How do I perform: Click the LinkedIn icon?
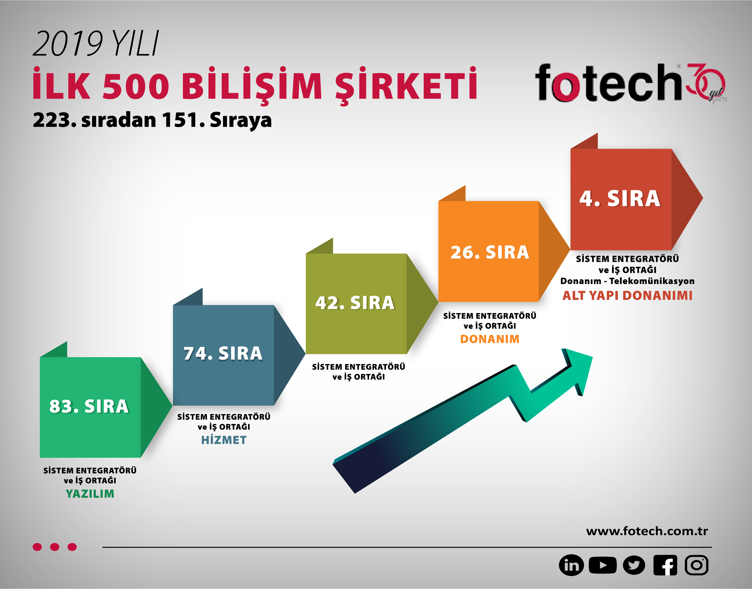click(x=571, y=565)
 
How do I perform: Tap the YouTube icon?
click(x=602, y=565)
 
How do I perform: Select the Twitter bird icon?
click(x=634, y=565)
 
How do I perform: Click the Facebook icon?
click(x=665, y=565)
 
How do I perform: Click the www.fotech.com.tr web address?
click(x=647, y=531)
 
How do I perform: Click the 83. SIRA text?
click(x=89, y=406)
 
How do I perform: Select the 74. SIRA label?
click(x=223, y=354)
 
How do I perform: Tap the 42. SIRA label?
click(x=355, y=303)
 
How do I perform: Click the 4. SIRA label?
click(x=620, y=199)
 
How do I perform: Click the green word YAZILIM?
click(x=90, y=494)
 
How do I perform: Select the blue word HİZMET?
click(x=224, y=440)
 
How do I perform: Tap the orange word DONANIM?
click(x=490, y=339)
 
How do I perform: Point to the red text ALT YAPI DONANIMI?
click(x=627, y=296)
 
